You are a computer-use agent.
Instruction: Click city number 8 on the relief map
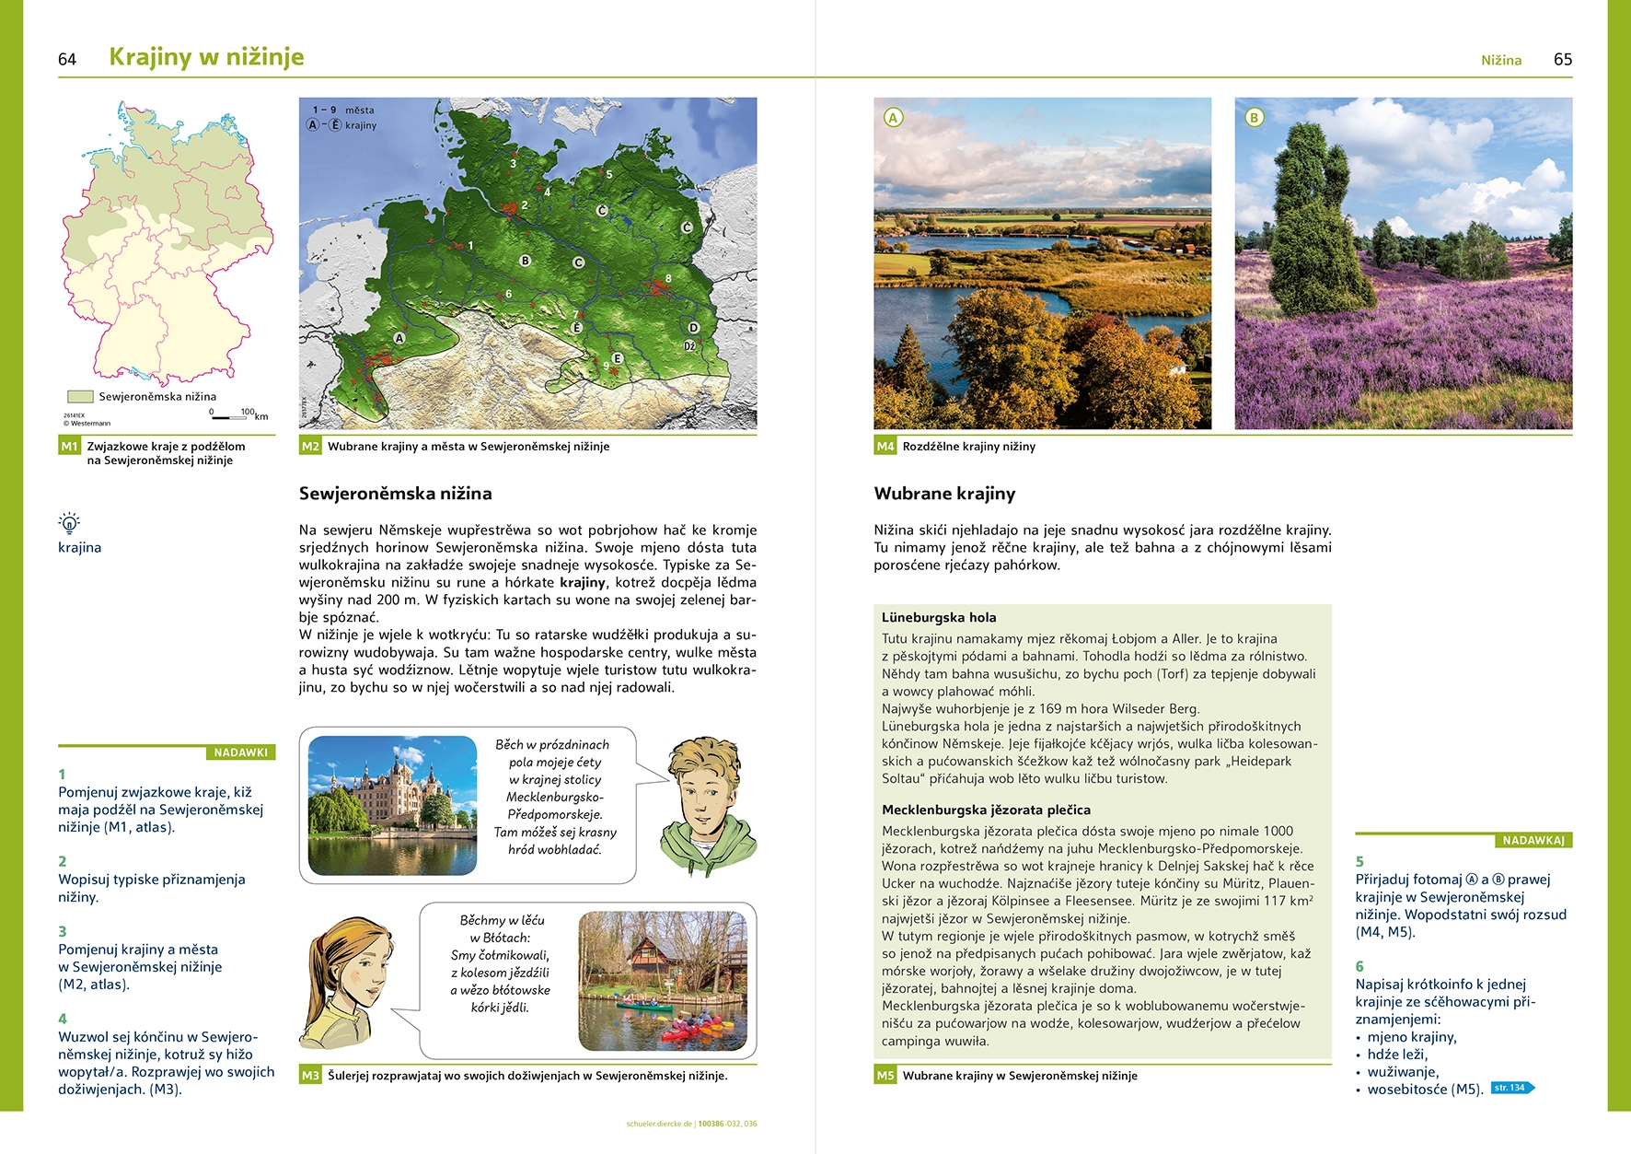pyautogui.click(x=668, y=278)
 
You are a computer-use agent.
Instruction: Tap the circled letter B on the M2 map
pyautogui.click(x=526, y=261)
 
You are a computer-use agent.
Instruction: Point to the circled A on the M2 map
pyautogui.click(x=399, y=338)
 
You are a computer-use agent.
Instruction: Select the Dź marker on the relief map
pyautogui.click(x=689, y=346)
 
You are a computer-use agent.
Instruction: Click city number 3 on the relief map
pyautogui.click(x=514, y=164)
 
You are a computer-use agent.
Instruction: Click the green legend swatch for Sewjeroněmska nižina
pyautogui.click(x=80, y=397)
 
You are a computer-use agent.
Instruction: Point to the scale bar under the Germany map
pyautogui.click(x=230, y=418)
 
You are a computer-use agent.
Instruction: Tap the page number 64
pyautogui.click(x=67, y=60)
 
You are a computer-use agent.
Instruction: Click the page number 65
pyautogui.click(x=1563, y=60)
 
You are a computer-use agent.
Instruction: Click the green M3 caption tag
pyautogui.click(x=310, y=1076)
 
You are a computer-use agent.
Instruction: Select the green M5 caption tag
pyautogui.click(x=885, y=1076)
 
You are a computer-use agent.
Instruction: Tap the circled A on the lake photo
pyautogui.click(x=893, y=118)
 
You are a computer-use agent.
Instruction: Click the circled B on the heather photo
pyautogui.click(x=1254, y=118)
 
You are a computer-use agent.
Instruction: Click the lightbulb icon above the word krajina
pyautogui.click(x=69, y=523)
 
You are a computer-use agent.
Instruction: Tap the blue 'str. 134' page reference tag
pyautogui.click(x=1511, y=1088)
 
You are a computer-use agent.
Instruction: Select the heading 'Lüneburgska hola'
pyautogui.click(x=939, y=618)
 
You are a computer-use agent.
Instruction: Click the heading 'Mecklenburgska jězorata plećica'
pyautogui.click(x=986, y=810)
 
